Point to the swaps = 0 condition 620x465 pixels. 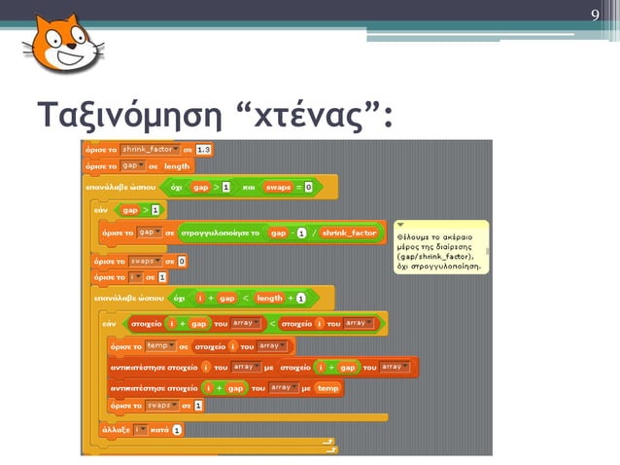(292, 185)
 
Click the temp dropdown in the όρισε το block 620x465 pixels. (157, 345)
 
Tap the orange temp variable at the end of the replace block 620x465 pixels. (328, 386)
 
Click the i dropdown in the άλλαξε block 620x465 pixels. (140, 429)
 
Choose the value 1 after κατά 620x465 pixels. (178, 429)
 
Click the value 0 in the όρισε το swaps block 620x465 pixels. (182, 261)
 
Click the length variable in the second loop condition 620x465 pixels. (269, 298)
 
